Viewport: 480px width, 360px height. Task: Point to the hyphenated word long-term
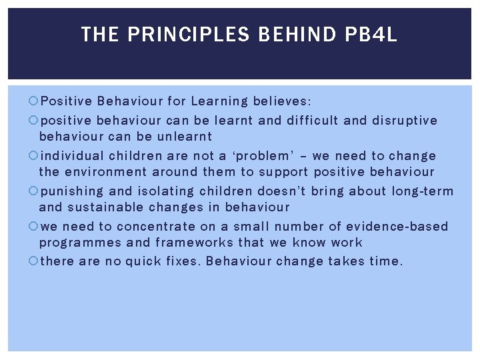click(x=422, y=192)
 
